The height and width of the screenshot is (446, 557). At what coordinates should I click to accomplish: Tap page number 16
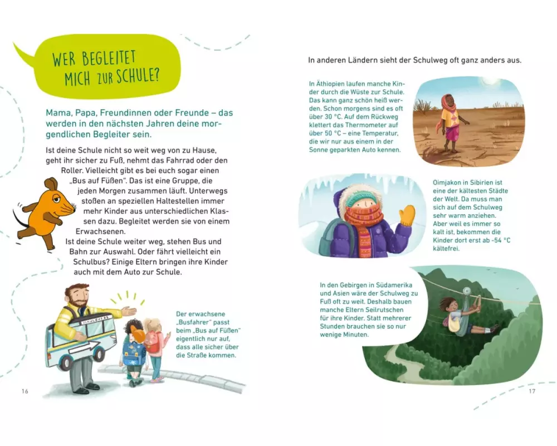[25, 391]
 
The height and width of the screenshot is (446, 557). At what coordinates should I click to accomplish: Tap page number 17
[532, 391]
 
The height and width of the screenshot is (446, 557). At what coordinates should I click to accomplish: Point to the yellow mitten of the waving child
[407, 215]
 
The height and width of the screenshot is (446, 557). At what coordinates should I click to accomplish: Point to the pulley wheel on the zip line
[467, 291]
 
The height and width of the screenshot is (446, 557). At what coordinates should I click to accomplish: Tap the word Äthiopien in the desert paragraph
[331, 84]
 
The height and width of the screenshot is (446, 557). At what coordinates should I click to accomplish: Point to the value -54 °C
[499, 240]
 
